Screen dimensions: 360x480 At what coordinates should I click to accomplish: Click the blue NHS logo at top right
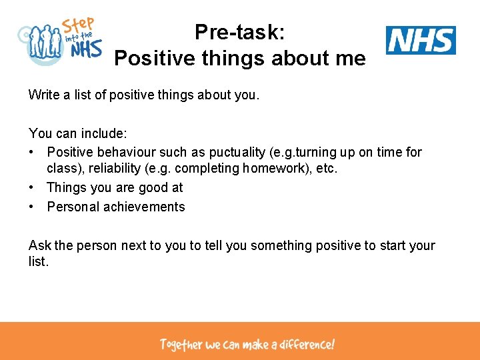pos(421,40)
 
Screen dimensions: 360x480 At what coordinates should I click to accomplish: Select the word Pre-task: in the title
pos(239,32)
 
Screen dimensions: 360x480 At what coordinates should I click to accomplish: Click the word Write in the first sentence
pos(43,95)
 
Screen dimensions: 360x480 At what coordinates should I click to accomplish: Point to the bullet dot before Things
pos(32,188)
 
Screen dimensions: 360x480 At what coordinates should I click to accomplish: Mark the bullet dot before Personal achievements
pos(32,207)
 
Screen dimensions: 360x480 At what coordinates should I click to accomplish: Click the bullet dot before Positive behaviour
pos(32,152)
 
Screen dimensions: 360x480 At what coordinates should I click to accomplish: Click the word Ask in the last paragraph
pos(39,245)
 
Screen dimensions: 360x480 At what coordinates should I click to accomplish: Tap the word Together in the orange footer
pos(181,345)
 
